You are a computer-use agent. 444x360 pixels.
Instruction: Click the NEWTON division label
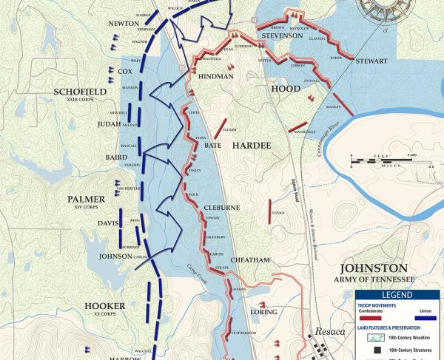pyautogui.click(x=124, y=24)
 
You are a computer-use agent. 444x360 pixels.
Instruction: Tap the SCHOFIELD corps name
pyautogui.click(x=81, y=91)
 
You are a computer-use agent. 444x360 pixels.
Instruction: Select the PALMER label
pyautogui.click(x=87, y=199)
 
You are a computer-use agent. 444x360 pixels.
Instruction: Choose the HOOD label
pyautogui.click(x=286, y=88)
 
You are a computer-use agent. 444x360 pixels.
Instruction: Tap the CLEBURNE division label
pyautogui.click(x=222, y=208)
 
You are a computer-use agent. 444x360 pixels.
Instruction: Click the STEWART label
pyautogui.click(x=371, y=61)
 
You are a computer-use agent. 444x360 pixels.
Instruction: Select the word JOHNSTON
pyautogui.click(x=373, y=268)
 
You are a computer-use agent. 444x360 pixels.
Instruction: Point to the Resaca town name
pyautogui.click(x=330, y=331)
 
